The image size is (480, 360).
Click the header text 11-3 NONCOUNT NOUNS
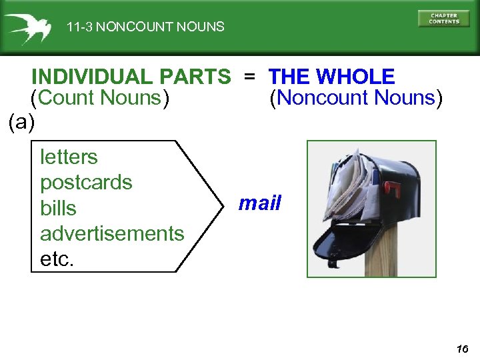(x=145, y=27)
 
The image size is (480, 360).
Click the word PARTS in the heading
(x=203, y=77)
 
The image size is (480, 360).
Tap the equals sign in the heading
(x=249, y=77)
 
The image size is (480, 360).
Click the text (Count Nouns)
(x=100, y=98)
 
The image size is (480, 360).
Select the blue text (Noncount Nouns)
(x=355, y=98)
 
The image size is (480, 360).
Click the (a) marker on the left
(x=22, y=122)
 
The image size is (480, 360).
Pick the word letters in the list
(x=69, y=157)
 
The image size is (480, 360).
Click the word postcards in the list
(x=86, y=183)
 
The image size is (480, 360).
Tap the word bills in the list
(x=58, y=208)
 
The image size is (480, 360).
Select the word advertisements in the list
(x=112, y=233)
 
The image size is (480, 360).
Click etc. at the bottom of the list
(x=57, y=259)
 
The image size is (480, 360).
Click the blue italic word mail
(x=260, y=203)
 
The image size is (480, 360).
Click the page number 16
(x=463, y=349)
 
